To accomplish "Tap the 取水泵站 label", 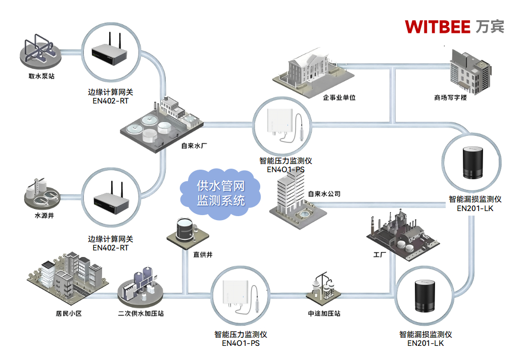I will tap(41, 77).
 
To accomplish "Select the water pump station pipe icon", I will tap(40, 50).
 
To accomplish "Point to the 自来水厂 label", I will tap(195, 145).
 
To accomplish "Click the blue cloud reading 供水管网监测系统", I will tap(220, 193).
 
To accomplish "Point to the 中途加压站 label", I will tap(324, 314).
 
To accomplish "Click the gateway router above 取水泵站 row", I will tap(109, 50).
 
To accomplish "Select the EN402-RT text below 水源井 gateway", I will tap(111, 248).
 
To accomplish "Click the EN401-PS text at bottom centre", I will tap(241, 343).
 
